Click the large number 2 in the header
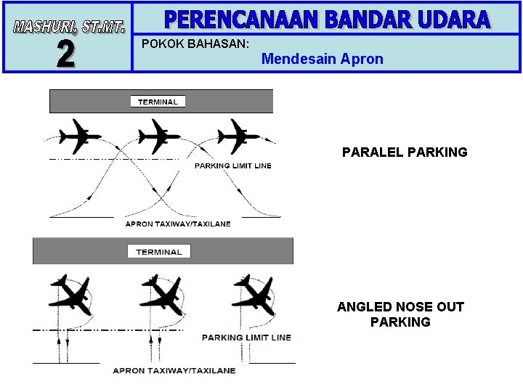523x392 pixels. (x=66, y=53)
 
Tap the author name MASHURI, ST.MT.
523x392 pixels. (x=68, y=28)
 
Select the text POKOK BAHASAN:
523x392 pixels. (x=195, y=44)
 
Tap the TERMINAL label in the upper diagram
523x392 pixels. (x=158, y=102)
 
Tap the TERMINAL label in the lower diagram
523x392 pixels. (x=158, y=252)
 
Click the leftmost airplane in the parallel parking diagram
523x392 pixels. (x=79, y=136)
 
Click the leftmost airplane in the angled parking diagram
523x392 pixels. (x=69, y=295)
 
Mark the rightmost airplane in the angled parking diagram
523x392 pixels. (x=253, y=295)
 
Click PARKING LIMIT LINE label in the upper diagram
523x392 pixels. (x=232, y=166)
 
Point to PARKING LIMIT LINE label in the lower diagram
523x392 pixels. (x=246, y=338)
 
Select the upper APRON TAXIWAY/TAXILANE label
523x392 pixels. (x=178, y=224)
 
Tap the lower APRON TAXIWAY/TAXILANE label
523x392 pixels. (x=174, y=370)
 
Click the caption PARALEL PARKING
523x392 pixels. (x=405, y=152)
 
